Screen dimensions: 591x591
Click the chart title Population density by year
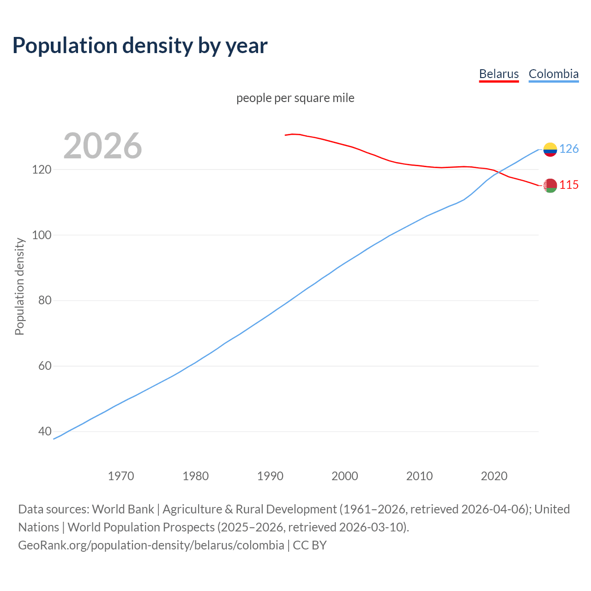coord(140,45)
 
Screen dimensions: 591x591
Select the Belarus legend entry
coord(499,74)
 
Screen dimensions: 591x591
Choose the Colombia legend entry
coord(553,74)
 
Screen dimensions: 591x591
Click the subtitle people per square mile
coord(295,98)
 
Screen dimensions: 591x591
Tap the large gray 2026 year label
coord(103,146)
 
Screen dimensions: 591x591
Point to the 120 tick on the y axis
coord(41,169)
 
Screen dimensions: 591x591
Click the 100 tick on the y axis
coord(41,235)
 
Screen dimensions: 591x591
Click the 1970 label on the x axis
coord(121,476)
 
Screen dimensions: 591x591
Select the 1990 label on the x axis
coord(270,476)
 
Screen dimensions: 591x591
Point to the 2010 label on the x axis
coord(419,476)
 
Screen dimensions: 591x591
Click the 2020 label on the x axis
coord(494,476)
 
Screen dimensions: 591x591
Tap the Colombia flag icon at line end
coord(550,149)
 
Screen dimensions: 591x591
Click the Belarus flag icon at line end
coord(550,186)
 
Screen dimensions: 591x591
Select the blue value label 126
coord(569,149)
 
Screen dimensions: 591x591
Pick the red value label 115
coord(569,185)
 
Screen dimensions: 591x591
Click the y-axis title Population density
coord(19,286)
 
